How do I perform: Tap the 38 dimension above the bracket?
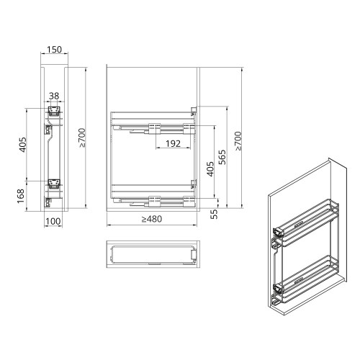point(54,96)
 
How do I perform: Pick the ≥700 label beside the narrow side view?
point(84,136)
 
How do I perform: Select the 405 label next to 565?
point(209,171)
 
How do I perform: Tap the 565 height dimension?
point(223,157)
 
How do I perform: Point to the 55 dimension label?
point(214,214)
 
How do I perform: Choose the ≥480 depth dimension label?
point(152,220)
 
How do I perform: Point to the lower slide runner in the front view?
point(155,198)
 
